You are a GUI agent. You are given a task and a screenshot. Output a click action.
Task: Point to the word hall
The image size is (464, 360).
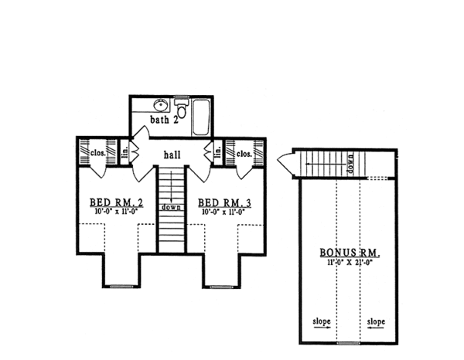pyautogui.click(x=172, y=155)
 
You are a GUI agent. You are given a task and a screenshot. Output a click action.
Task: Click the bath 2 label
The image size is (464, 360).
pyautogui.click(x=164, y=120)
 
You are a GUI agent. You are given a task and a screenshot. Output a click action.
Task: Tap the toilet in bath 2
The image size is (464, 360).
pyautogui.click(x=181, y=108)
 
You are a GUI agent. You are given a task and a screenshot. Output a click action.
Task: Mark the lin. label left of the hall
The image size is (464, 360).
pyautogui.click(x=125, y=153)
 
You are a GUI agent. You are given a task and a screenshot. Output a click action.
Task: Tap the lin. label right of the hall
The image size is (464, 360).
pyautogui.click(x=218, y=153)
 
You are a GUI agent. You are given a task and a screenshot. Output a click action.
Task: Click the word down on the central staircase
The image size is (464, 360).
pyautogui.click(x=171, y=207)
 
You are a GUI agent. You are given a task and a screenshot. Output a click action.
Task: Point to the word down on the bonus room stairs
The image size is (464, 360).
pyautogui.click(x=351, y=165)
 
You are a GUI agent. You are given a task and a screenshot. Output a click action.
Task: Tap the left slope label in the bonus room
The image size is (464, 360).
pyautogui.click(x=322, y=321)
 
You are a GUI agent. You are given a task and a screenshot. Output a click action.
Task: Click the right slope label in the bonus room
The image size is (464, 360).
pyautogui.click(x=376, y=321)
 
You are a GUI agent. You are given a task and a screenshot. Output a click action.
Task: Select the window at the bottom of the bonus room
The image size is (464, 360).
pyautogui.click(x=349, y=342)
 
